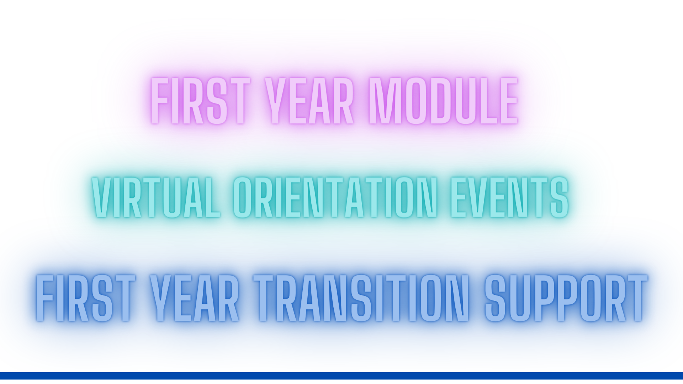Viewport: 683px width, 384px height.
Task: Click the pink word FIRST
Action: click(x=200, y=101)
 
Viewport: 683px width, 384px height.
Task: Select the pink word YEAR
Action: click(x=310, y=101)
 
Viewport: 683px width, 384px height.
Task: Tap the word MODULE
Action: click(x=443, y=101)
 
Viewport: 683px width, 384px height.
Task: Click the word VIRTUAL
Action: click(x=156, y=197)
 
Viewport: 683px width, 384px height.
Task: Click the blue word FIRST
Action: click(x=85, y=298)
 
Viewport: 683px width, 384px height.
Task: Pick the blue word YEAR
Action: click(x=194, y=298)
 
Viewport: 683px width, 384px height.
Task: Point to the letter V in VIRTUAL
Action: click(x=101, y=197)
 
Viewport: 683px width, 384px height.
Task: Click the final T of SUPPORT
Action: click(x=637, y=298)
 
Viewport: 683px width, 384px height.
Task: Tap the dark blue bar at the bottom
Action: click(x=341, y=376)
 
